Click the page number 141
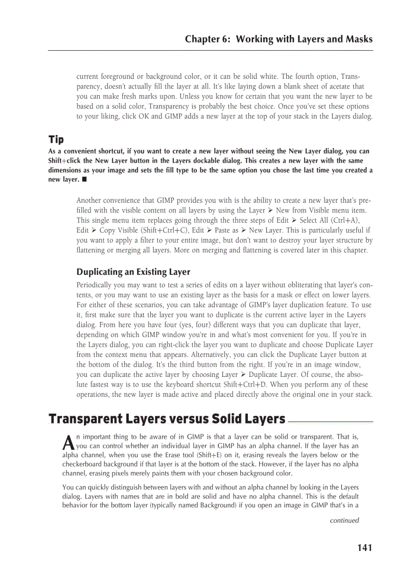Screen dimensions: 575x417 coord(364,548)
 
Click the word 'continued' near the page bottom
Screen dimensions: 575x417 coord(344,520)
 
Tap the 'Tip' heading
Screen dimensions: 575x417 coord(56,140)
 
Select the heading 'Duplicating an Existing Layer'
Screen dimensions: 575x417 coord(133,272)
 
